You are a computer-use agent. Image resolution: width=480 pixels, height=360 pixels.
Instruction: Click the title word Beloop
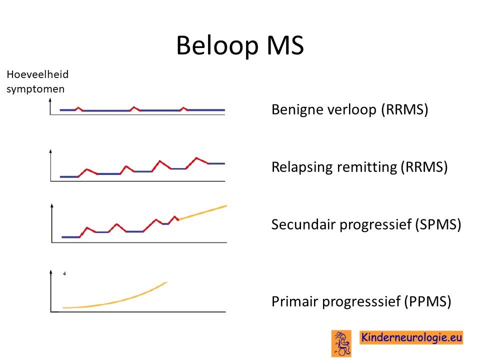217,45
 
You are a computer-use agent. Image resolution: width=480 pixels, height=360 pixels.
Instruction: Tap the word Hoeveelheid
37,74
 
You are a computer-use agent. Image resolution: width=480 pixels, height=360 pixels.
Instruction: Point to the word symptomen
35,89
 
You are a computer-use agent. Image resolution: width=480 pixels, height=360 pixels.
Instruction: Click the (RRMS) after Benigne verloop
404,109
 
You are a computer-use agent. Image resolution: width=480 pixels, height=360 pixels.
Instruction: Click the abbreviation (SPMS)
438,224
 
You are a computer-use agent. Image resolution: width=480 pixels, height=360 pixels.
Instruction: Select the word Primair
294,301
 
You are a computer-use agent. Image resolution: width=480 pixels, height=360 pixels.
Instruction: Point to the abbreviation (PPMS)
427,301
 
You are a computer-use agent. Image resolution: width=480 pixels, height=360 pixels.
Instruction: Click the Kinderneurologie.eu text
411,337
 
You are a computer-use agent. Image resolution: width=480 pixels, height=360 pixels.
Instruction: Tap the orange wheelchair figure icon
341,343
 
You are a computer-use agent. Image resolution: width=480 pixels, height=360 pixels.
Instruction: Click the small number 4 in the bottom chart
64,273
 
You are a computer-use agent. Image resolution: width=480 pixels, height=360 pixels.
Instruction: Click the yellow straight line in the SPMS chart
202,212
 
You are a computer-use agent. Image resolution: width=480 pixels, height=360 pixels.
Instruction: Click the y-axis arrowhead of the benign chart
50,100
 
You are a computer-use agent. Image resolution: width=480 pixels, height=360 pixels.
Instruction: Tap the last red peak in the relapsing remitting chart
196,158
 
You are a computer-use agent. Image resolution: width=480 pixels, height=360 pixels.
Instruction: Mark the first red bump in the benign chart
78,108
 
